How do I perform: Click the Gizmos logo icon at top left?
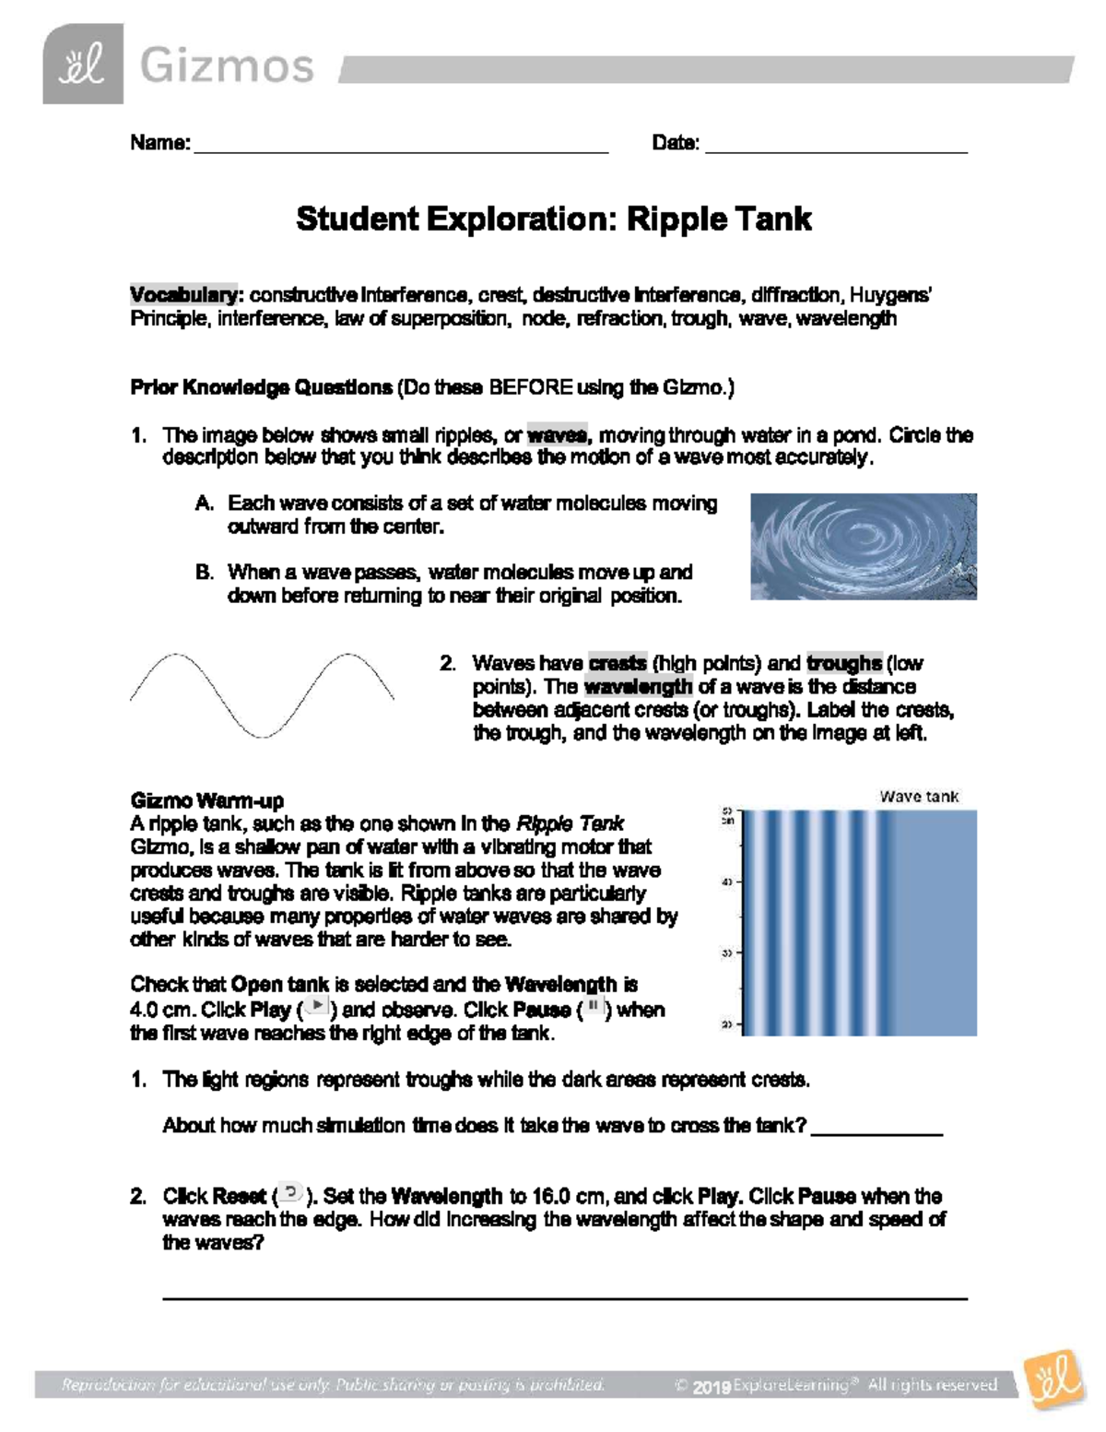(x=83, y=65)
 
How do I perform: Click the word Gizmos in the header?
(x=227, y=66)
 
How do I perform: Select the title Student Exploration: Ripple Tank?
(x=553, y=219)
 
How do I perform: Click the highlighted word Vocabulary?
(x=183, y=295)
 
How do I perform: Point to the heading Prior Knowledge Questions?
(x=261, y=387)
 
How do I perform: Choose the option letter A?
(x=205, y=503)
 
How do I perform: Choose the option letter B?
(x=205, y=573)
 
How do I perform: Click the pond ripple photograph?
(x=863, y=547)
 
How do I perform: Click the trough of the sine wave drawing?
(x=263, y=734)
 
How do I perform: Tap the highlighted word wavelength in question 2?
(x=638, y=687)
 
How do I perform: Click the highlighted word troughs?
(x=843, y=664)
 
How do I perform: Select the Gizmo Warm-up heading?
(x=206, y=800)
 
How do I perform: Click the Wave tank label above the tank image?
(x=918, y=797)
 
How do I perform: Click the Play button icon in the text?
(x=317, y=1006)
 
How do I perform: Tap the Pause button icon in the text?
(x=594, y=1006)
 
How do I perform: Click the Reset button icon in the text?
(x=290, y=1193)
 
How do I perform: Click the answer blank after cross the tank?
(x=876, y=1130)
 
